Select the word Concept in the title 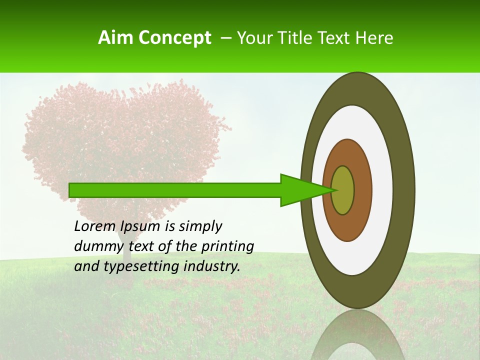[174, 38]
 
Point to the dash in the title [225, 38]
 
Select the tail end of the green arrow [70, 190]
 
